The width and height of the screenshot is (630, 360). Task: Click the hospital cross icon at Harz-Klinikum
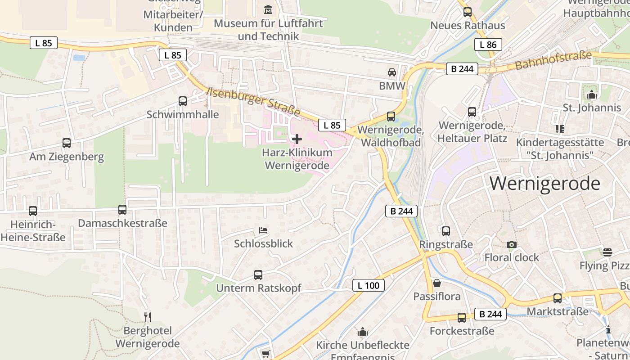coord(297,139)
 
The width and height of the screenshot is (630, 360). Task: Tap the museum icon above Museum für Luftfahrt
coord(269,9)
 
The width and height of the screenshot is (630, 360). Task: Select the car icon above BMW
coord(392,72)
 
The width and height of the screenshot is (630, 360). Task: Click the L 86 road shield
coord(488,44)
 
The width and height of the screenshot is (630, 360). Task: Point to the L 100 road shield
coord(369,285)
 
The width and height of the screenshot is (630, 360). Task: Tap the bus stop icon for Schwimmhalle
coord(183,101)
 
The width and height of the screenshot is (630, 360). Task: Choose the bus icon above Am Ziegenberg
coord(67,143)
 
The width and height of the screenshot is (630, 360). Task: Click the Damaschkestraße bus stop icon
coord(122,210)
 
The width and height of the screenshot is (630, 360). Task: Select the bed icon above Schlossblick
coord(264,231)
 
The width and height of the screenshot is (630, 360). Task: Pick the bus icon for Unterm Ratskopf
coord(258,274)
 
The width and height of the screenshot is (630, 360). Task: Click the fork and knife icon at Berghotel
coord(148,317)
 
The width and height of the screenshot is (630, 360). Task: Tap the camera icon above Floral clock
coord(512,244)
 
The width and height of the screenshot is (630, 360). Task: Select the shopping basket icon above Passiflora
coord(436,283)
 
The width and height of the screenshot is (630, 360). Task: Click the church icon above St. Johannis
coord(592,94)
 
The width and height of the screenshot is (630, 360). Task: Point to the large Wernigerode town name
coord(545,184)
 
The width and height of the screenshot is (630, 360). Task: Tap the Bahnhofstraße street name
coord(553,61)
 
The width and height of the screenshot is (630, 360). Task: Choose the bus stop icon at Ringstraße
coord(446,231)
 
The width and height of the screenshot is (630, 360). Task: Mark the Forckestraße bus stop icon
coord(462,318)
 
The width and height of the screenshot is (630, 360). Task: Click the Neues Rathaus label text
coord(468,25)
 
